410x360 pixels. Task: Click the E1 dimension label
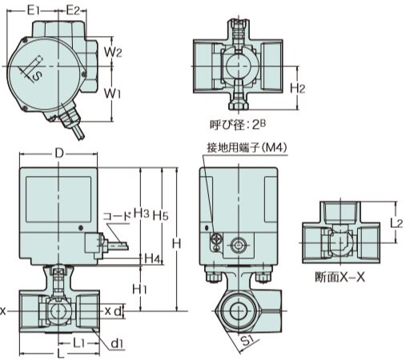click(34, 10)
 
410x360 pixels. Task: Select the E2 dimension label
click(73, 10)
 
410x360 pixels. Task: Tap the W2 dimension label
click(113, 51)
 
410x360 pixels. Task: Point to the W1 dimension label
click(112, 94)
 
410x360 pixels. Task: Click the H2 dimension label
click(297, 88)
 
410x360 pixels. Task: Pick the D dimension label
click(59, 154)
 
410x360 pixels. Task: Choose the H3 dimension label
click(141, 213)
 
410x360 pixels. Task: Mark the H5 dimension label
click(160, 215)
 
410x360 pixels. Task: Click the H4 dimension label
click(153, 258)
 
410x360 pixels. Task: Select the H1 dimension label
click(140, 289)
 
